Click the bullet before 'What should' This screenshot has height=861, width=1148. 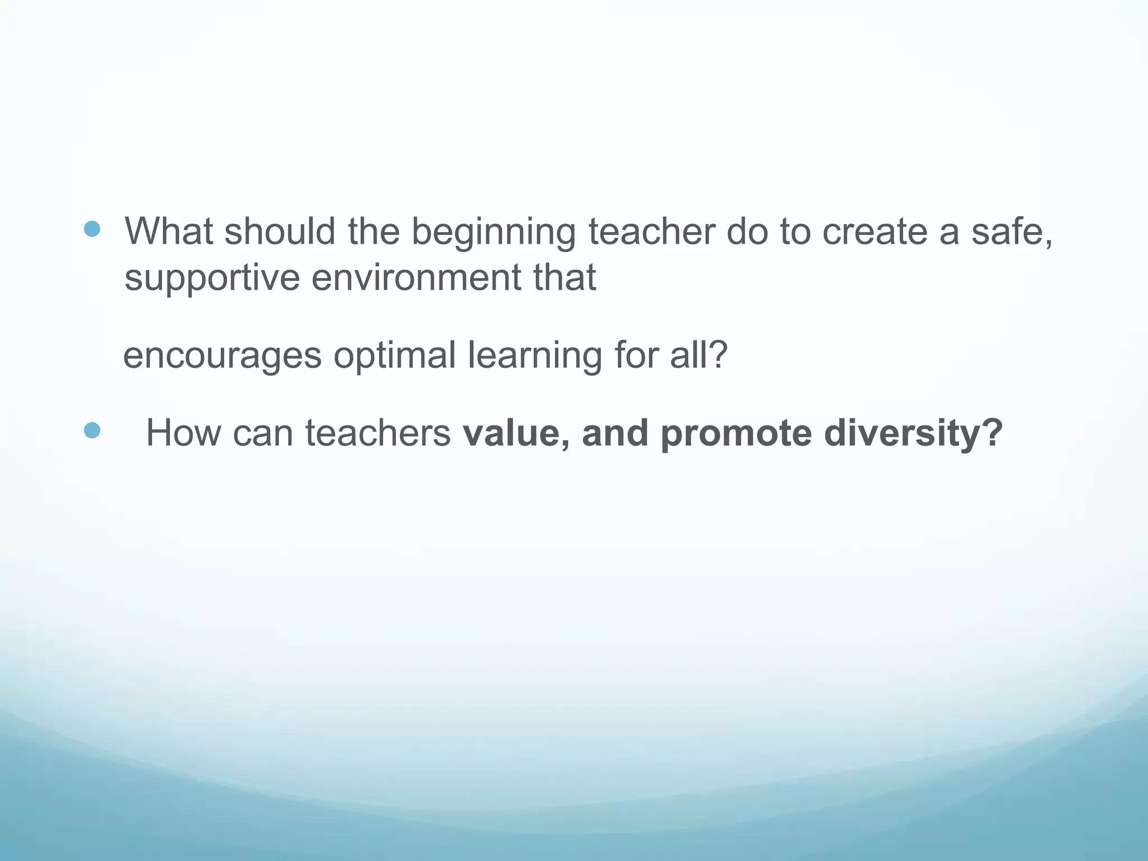92,229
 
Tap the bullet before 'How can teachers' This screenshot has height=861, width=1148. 92,430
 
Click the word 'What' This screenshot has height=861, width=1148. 169,231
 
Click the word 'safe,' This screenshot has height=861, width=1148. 1012,231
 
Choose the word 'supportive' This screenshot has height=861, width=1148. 212,279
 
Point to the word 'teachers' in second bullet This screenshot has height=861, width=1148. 378,433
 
